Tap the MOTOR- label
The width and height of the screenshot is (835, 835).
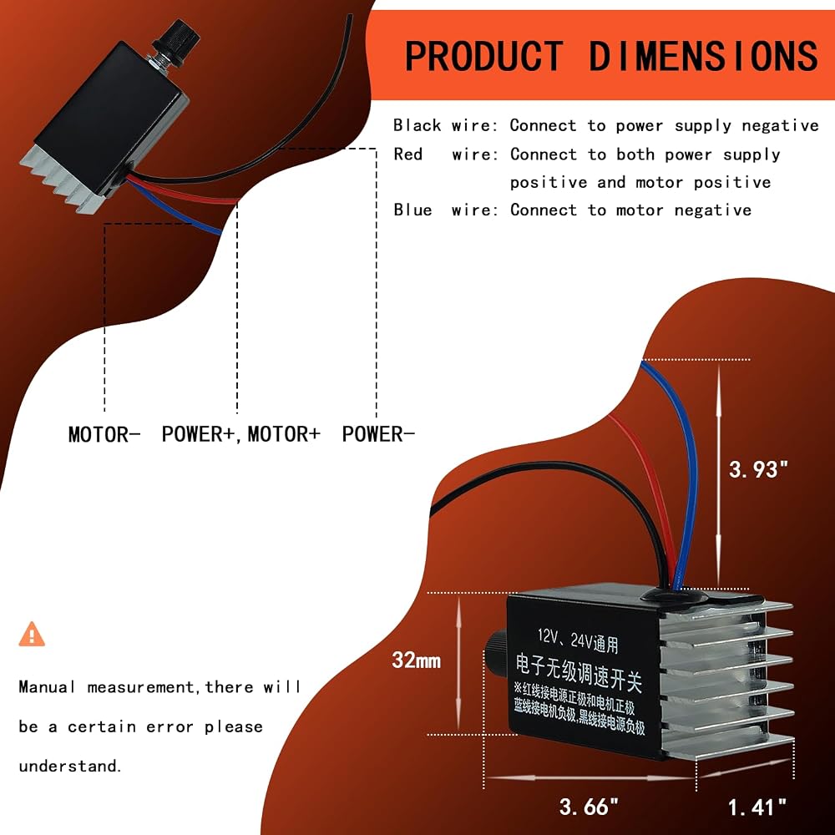pos(104,434)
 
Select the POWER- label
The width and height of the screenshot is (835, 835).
pos(378,434)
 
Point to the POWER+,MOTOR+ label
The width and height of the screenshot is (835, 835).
pos(240,434)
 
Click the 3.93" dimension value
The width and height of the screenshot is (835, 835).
pos(758,469)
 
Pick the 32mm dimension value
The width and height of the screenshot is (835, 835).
pos(417,660)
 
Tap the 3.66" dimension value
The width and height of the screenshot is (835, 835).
pos(589,807)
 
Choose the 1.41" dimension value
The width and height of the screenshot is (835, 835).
pos(757,807)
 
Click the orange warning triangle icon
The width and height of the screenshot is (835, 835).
pos(32,635)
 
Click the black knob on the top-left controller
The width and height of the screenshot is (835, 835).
pos(175,38)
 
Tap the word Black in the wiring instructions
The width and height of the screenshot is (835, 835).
pos(417,125)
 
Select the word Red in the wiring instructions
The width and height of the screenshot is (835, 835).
pos(408,154)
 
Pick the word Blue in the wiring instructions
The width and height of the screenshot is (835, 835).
pos(412,210)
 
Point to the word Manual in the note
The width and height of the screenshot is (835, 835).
pos(46,686)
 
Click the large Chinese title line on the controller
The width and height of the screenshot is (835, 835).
pos(579,671)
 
